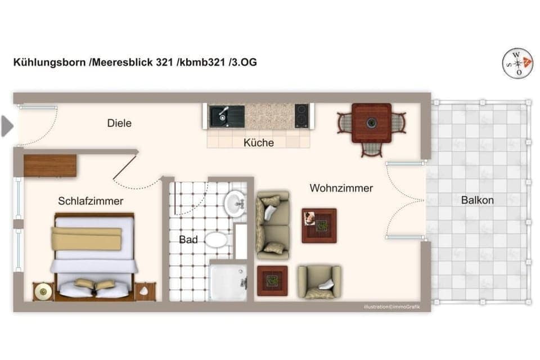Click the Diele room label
click(119, 123)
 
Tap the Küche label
click(259, 143)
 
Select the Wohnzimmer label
click(341, 188)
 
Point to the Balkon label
click(478, 200)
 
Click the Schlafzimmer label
click(91, 201)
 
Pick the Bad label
click(188, 240)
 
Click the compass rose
click(517, 64)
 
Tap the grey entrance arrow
click(7, 126)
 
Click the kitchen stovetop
click(301, 116)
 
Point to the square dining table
click(371, 123)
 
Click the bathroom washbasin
click(235, 204)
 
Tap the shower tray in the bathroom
click(228, 282)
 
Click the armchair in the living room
click(319, 282)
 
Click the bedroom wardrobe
click(50, 166)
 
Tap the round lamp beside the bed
click(43, 291)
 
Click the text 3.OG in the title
click(245, 62)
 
